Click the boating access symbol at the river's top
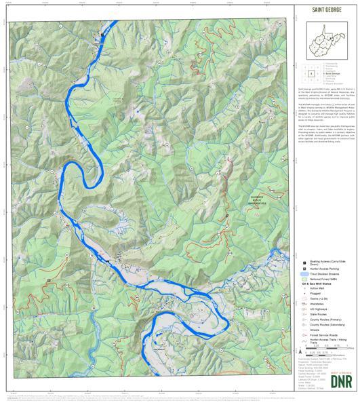pyautogui.click(x=103, y=33)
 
